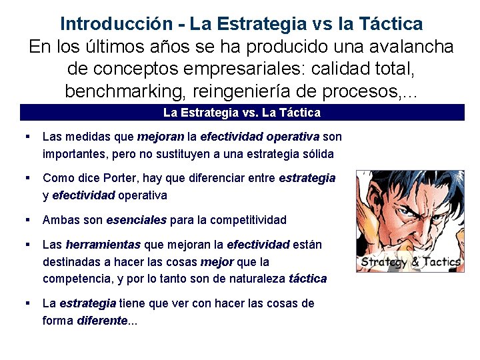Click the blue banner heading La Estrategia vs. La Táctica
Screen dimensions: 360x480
pos(241,113)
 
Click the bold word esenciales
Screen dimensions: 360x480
pos(136,220)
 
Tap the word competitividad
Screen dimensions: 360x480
pos(240,220)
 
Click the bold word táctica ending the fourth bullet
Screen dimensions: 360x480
pos(307,279)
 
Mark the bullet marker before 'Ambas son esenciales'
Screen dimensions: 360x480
pos(27,219)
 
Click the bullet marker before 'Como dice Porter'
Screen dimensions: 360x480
pos(27,177)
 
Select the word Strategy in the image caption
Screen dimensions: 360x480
pos(383,262)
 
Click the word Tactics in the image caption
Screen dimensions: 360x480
pos(440,262)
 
